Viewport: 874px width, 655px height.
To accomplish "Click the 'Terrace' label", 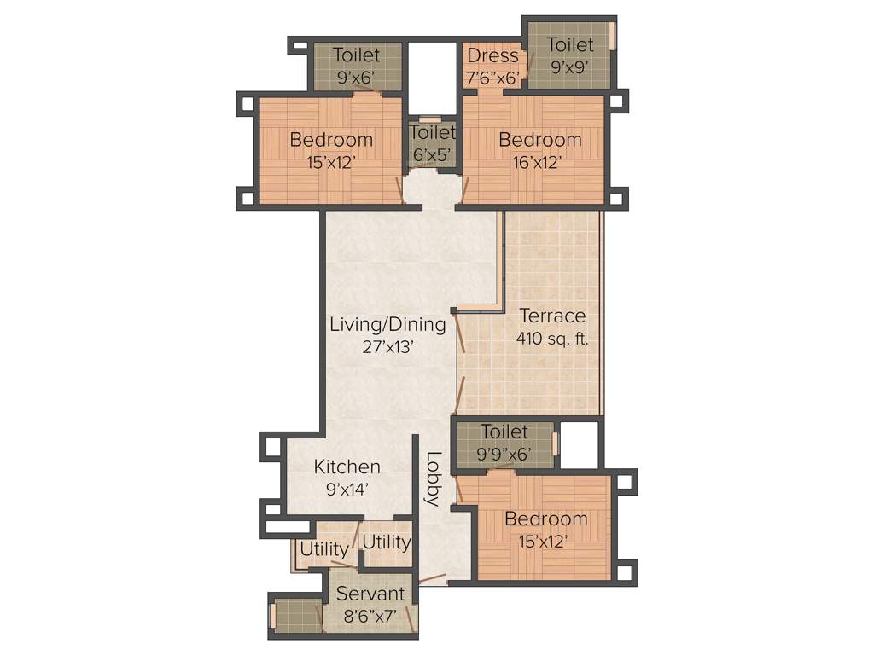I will point(552,316).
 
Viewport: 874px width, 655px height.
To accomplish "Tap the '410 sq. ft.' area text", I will point(552,339).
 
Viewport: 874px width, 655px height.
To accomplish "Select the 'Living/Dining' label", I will point(388,324).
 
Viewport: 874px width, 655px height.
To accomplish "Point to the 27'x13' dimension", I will point(388,346).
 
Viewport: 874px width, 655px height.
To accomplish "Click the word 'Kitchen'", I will point(347,467).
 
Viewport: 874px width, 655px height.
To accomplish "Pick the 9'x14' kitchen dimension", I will point(347,490).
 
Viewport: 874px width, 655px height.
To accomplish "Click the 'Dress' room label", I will point(492,55).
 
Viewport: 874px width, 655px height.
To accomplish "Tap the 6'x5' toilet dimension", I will point(433,155).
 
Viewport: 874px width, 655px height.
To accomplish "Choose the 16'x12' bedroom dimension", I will point(539,162).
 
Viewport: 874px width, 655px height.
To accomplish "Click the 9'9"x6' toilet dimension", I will point(504,455).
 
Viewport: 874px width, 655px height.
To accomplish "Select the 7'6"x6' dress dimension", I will point(492,78).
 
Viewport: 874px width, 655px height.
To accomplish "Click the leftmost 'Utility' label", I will point(323,548).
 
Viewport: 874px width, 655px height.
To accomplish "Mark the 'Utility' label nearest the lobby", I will point(386,542).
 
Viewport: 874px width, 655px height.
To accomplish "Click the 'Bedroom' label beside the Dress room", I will point(539,139).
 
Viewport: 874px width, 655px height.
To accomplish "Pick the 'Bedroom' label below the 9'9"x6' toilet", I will point(545,519).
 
